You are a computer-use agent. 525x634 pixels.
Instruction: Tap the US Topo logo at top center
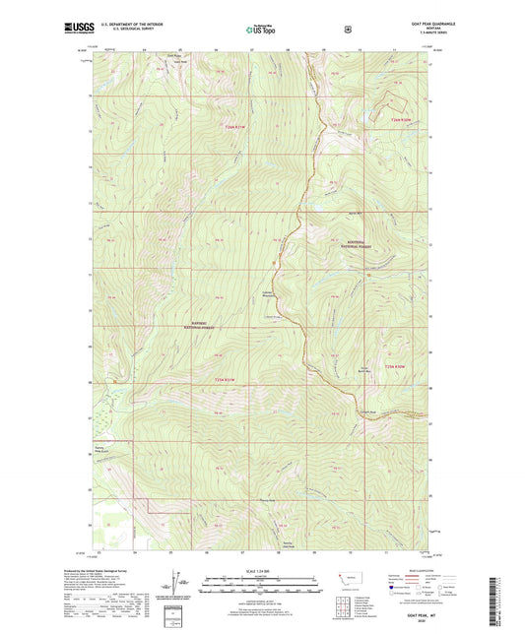(x=262, y=30)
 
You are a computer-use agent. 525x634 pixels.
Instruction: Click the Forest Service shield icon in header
(x=347, y=30)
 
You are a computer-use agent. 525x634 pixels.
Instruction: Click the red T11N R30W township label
(x=395, y=367)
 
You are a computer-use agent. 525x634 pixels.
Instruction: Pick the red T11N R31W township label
(x=227, y=379)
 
